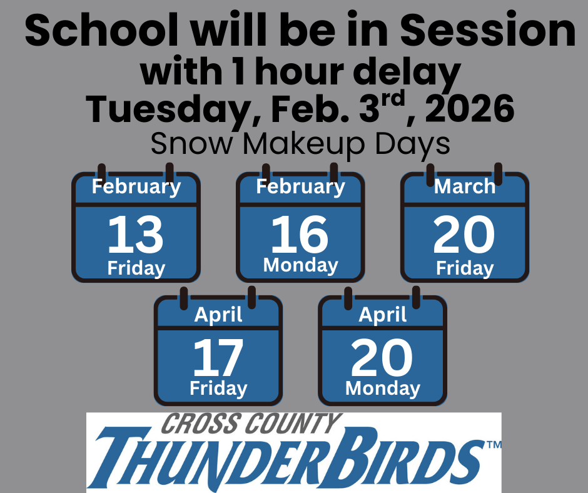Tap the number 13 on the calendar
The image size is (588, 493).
tap(136, 234)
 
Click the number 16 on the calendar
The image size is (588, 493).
tap(300, 234)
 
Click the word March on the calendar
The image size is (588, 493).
tap(465, 186)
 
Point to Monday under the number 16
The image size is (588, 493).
tap(300, 265)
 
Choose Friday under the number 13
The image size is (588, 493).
tap(136, 268)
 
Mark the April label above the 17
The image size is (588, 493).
tap(218, 315)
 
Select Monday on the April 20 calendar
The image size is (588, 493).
tap(382, 389)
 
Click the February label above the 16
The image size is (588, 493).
tap(300, 186)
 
